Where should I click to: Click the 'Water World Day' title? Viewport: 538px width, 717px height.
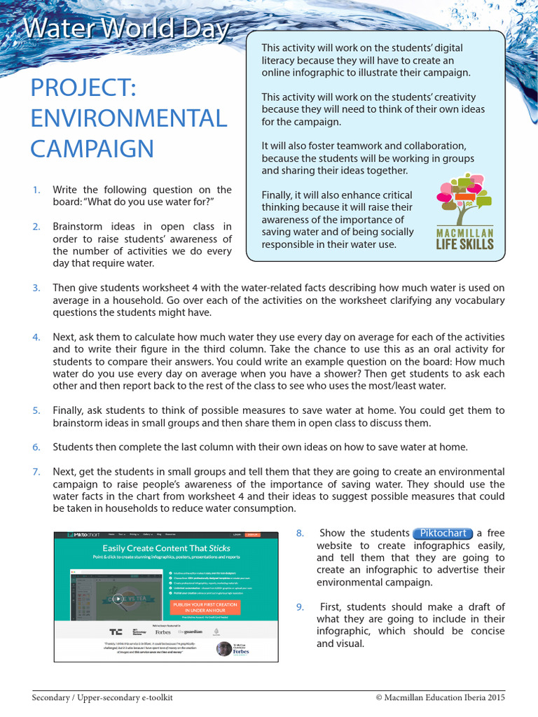126,29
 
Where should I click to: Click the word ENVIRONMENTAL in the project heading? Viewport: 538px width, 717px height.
129,118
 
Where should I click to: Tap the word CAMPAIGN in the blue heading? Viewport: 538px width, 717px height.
92,148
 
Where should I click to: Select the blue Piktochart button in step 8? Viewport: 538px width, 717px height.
443,534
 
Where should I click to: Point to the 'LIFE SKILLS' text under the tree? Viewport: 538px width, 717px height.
464,244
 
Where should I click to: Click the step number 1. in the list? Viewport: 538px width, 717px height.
36,190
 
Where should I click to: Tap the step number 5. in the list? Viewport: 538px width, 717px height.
36,410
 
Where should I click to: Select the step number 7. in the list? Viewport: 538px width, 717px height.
36,472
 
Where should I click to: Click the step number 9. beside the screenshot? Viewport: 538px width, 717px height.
301,607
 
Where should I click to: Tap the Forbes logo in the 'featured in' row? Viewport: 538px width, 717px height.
163,632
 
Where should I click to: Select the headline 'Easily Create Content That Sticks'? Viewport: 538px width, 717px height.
166,548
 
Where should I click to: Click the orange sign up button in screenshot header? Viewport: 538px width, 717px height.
254,535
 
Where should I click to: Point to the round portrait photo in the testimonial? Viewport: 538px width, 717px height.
223,649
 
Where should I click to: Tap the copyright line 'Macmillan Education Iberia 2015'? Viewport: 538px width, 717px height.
439,698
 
